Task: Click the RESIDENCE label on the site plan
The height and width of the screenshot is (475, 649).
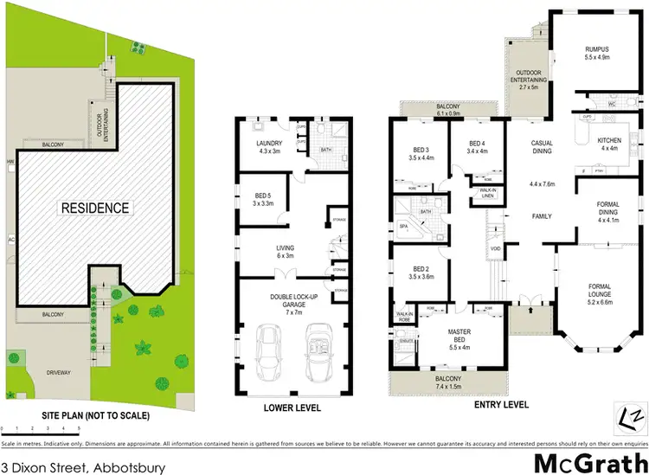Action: (94, 208)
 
